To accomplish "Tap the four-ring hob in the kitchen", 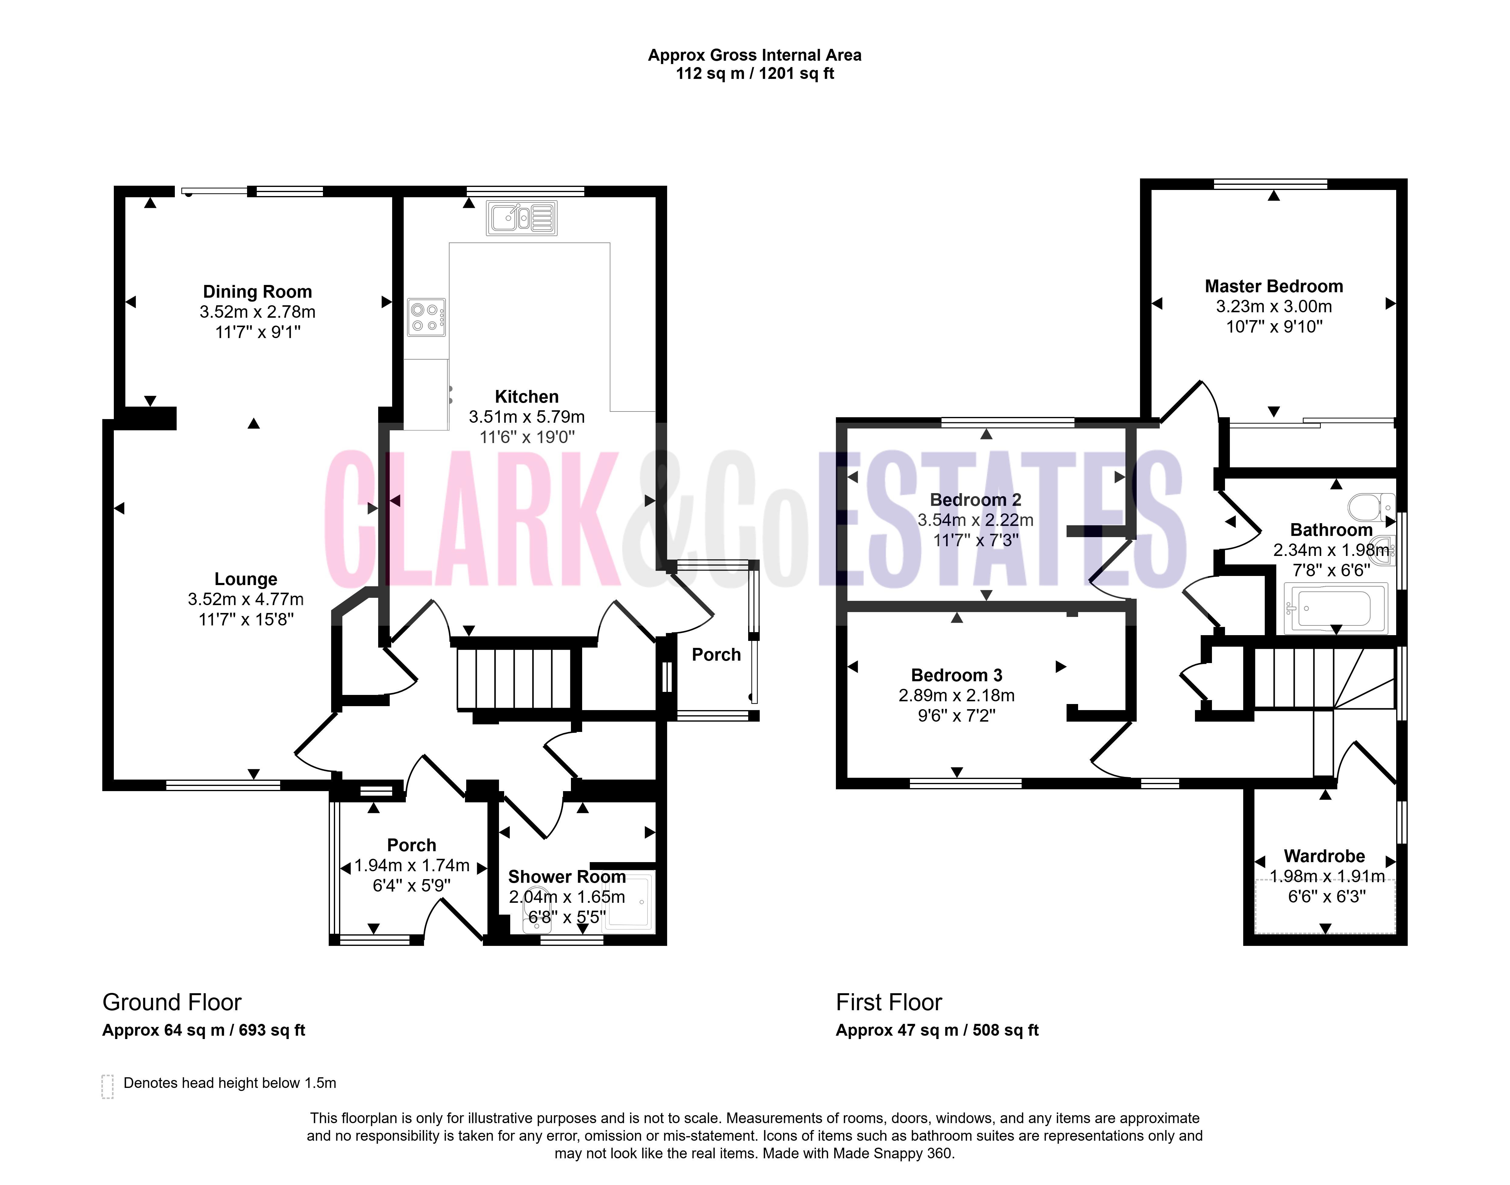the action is tap(426, 317).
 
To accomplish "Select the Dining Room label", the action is tap(257, 291).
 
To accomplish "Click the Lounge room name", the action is tap(246, 579).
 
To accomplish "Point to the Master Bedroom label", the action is tap(1274, 286).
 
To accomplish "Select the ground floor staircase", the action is tap(514, 679).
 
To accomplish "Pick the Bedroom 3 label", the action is tap(957, 675).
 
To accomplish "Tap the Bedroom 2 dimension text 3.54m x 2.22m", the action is tap(976, 520).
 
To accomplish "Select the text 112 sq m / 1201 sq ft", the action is tap(755, 73).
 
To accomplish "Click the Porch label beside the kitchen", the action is tap(716, 654).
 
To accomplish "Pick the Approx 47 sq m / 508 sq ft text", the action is tap(937, 1030).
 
